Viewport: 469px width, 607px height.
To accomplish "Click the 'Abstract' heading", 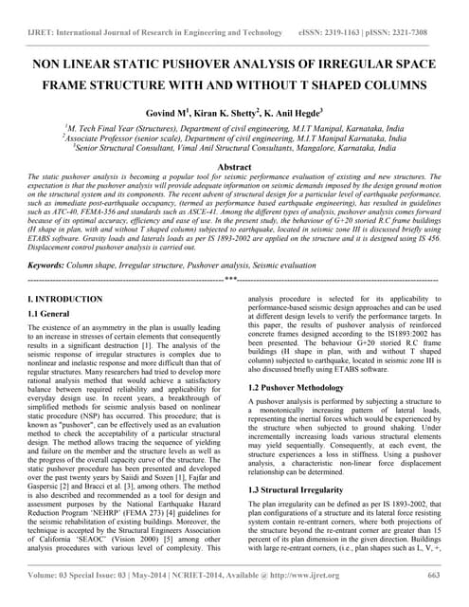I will [x=234, y=166].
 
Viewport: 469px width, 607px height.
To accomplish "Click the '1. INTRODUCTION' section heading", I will [x=67, y=299].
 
